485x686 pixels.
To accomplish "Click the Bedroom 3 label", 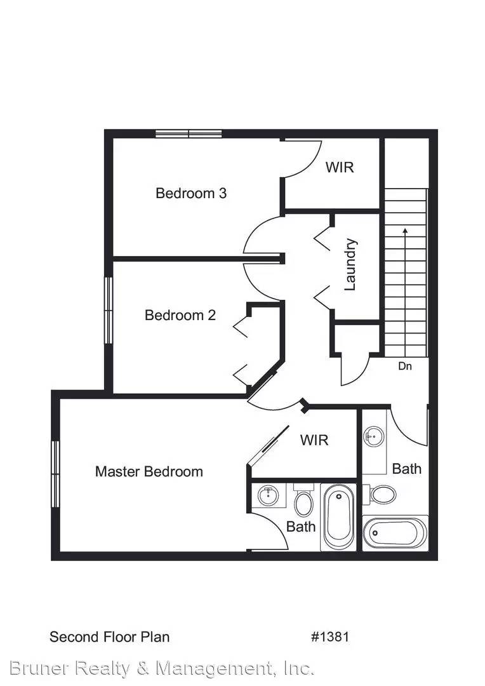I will (x=191, y=193).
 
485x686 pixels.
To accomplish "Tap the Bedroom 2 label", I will (x=180, y=315).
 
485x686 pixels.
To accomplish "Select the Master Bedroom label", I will (x=149, y=471).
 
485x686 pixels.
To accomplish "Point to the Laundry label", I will (x=350, y=264).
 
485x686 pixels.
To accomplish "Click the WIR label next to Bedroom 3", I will (x=340, y=168).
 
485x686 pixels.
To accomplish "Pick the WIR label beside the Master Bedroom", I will (x=314, y=440).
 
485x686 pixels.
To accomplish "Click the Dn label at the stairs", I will (x=405, y=367).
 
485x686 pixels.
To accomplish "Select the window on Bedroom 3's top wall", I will (x=189, y=133).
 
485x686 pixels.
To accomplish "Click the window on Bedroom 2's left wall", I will (x=109, y=311).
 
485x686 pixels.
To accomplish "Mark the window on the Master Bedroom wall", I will (x=55, y=474).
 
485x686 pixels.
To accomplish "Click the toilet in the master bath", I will (x=304, y=501).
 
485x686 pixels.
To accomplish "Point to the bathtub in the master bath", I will (x=338, y=517).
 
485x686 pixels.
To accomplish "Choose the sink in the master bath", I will (x=269, y=495).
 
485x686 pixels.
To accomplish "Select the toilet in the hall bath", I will (x=382, y=494).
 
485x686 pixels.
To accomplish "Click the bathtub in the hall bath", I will (x=395, y=532).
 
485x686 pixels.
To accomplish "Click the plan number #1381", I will (x=330, y=636).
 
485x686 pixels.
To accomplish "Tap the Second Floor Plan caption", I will (x=109, y=636).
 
